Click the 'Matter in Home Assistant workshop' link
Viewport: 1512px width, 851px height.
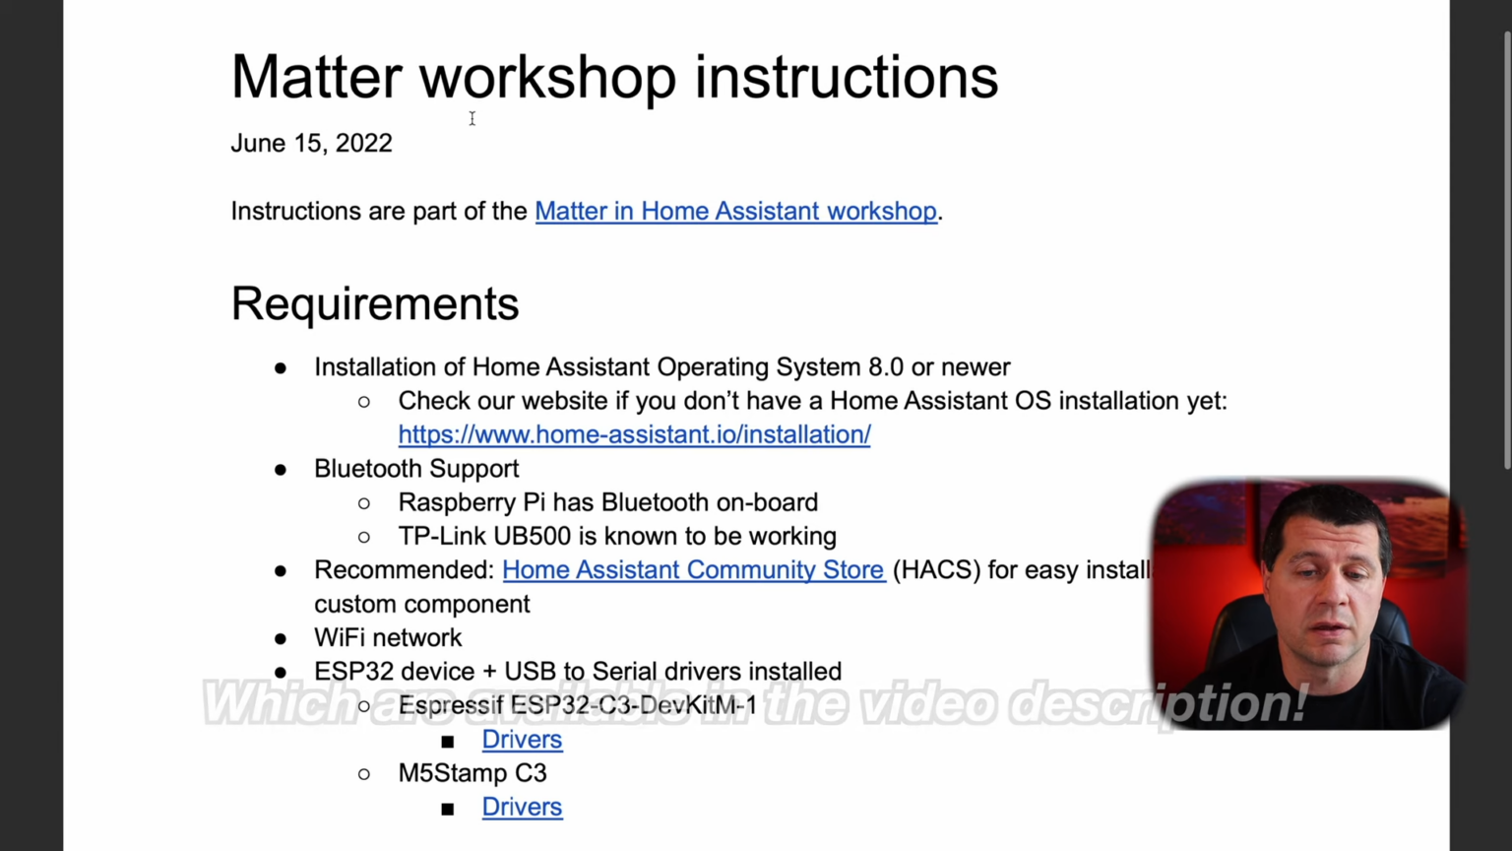coord(735,211)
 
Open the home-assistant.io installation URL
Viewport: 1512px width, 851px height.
coord(634,434)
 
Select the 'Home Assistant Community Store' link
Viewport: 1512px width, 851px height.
coord(693,570)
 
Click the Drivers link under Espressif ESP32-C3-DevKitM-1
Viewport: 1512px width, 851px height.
coord(522,740)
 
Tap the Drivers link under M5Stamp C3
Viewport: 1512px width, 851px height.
coord(522,807)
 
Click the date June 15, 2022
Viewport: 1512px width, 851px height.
coord(311,143)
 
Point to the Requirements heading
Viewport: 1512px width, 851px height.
coord(374,303)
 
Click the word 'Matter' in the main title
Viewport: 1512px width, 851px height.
coord(316,77)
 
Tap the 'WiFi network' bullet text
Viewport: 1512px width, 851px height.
coord(388,637)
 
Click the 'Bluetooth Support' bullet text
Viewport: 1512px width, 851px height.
coord(416,469)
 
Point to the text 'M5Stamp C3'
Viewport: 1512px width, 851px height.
coord(472,773)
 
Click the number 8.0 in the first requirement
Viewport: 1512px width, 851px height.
coord(885,367)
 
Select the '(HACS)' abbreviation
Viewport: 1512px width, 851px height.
coord(936,570)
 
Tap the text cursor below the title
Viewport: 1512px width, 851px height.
coord(472,118)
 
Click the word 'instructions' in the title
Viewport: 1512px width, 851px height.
coord(846,77)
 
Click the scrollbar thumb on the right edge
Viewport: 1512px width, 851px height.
coord(1506,246)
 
